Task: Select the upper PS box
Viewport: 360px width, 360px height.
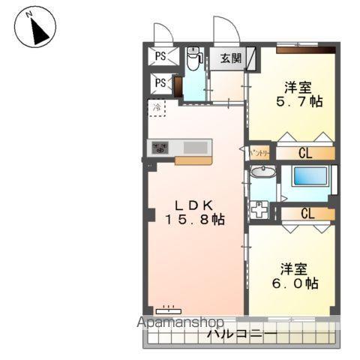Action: [161, 55]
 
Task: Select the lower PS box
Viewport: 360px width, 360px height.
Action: [161, 83]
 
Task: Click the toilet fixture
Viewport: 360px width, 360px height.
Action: [193, 60]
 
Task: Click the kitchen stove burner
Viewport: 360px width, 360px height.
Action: [160, 147]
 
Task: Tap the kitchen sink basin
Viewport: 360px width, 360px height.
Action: [196, 147]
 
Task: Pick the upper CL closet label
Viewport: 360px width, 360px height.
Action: [306, 154]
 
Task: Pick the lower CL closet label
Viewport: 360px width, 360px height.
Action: [307, 213]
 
